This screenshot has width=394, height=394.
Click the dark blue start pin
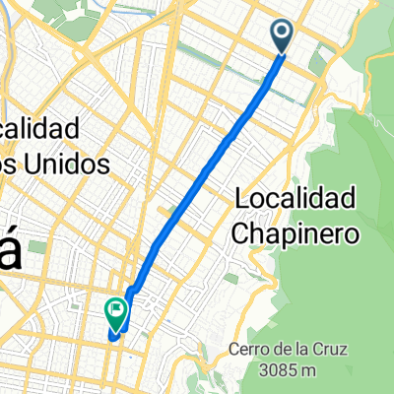click(282, 35)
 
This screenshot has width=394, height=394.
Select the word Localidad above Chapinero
click(296, 199)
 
